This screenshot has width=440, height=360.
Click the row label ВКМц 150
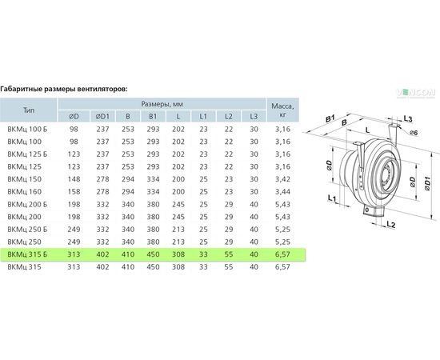(25, 179)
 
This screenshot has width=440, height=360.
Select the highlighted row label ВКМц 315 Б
(27, 254)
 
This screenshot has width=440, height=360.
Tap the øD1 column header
(102, 117)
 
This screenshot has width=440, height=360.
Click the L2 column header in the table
(229, 117)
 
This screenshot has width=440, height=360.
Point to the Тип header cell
(29, 110)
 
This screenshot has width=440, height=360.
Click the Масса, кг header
(282, 110)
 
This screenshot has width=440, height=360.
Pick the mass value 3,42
(282, 179)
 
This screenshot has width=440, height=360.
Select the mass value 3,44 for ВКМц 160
(282, 192)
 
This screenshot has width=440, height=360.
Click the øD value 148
(74, 179)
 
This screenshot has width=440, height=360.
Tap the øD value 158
(74, 192)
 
